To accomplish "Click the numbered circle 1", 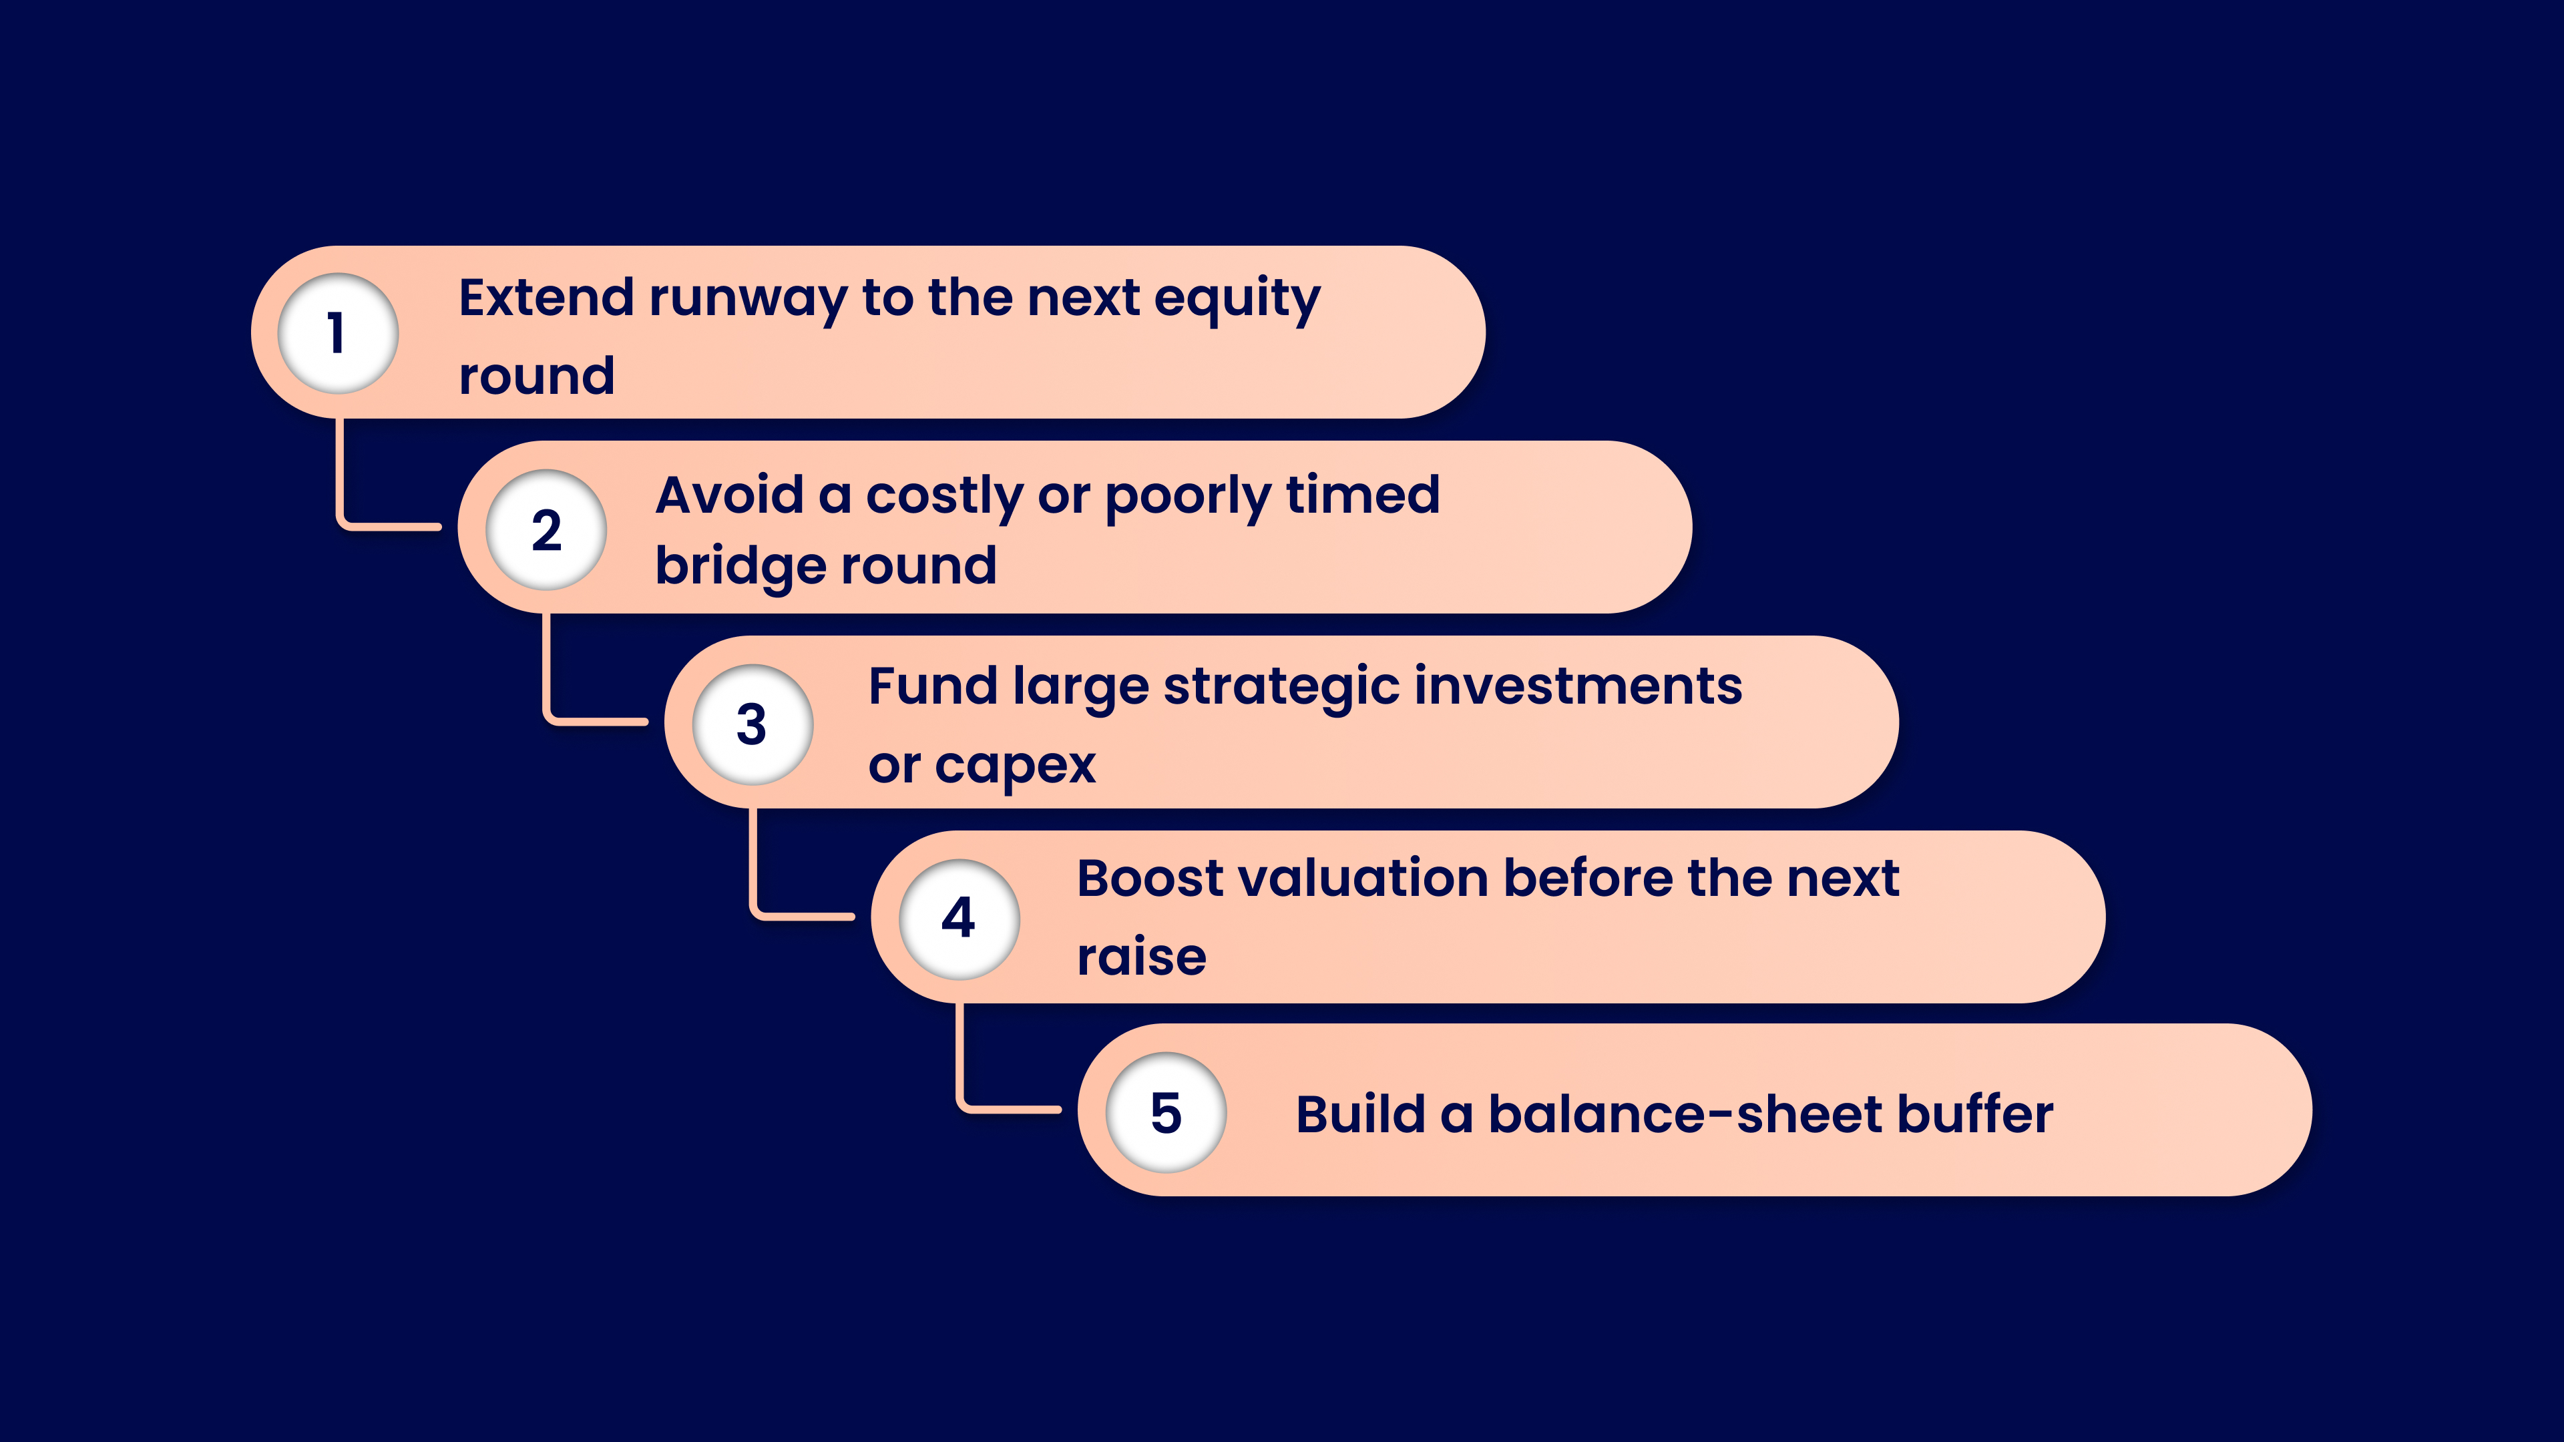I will [337, 333].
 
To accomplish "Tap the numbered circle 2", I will [546, 529].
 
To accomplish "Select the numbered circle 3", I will [753, 724].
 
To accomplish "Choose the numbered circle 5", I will [1166, 1113].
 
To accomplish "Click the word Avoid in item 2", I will [730, 495].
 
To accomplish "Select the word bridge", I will [734, 566].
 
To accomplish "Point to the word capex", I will [1014, 766].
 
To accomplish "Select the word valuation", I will [1361, 879].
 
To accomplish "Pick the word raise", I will [1142, 957].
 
